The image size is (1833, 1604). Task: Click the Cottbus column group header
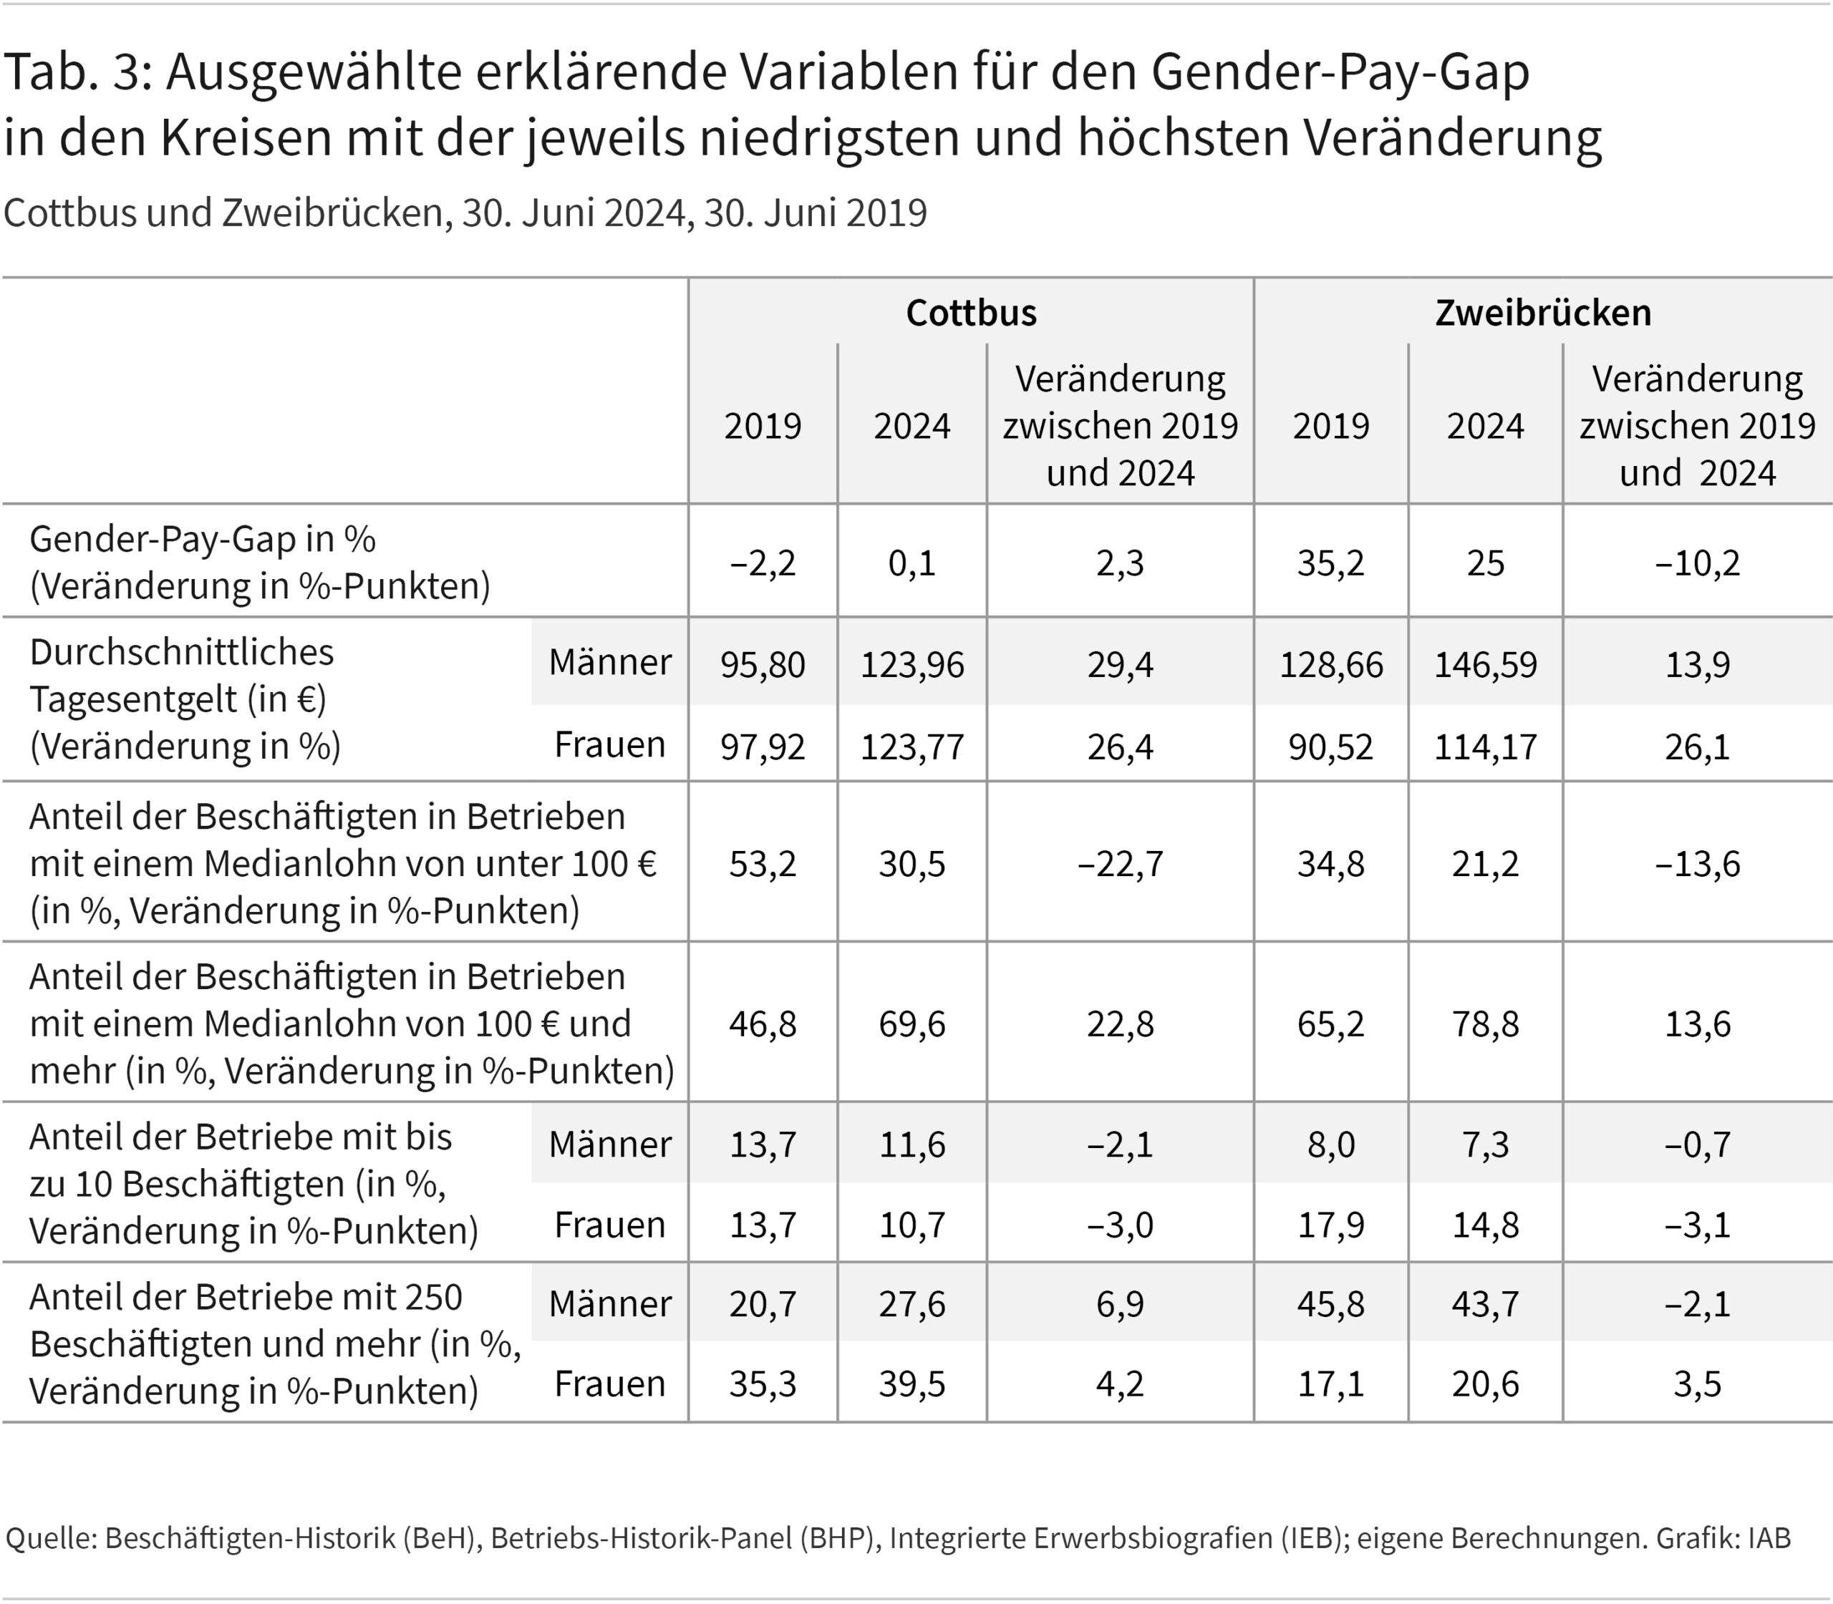coord(971,312)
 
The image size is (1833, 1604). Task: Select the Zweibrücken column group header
coord(1543,312)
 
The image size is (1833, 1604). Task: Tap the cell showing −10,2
coord(1697,563)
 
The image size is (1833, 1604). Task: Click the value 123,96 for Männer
coord(911,664)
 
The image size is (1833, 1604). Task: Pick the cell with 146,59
coord(1485,664)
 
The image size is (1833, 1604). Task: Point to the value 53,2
coord(762,864)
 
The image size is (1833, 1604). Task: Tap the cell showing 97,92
coord(762,746)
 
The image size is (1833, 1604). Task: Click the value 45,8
coord(1330,1303)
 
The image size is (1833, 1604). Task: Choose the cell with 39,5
coord(911,1384)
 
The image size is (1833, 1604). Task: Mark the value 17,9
coord(1330,1225)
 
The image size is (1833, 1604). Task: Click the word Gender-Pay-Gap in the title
coord(1340,74)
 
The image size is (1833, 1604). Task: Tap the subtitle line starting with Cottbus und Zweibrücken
coord(465,213)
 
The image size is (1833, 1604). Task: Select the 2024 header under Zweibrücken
coord(1485,425)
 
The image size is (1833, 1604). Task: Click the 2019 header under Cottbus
coord(762,425)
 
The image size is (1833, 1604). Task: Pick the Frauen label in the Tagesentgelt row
coord(610,744)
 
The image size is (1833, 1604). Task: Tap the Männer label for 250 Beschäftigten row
coord(610,1303)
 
